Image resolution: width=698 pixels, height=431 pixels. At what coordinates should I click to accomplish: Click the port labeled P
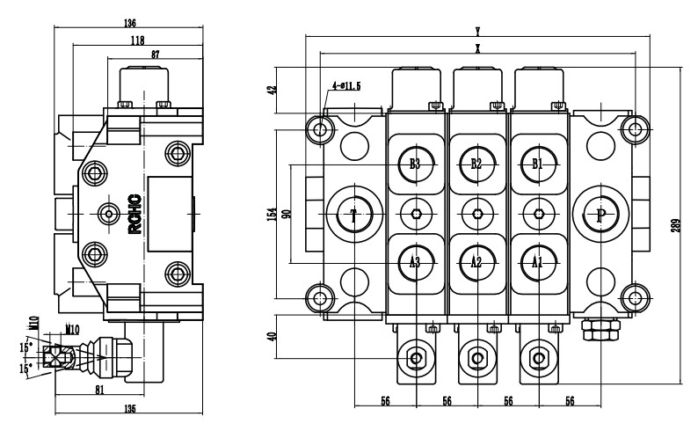click(601, 214)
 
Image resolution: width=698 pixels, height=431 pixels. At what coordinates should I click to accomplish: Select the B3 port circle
click(416, 164)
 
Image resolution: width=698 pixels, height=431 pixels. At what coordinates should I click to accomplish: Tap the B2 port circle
click(476, 164)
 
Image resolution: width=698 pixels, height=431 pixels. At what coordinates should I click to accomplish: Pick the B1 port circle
click(537, 164)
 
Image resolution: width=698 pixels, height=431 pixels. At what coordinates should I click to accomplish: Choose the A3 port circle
click(416, 261)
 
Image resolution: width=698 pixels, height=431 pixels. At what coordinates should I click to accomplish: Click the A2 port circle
click(476, 261)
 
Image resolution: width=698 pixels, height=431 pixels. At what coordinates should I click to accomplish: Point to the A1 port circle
click(537, 261)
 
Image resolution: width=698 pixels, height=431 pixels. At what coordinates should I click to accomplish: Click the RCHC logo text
click(133, 215)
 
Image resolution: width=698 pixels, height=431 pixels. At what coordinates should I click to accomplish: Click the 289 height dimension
click(673, 224)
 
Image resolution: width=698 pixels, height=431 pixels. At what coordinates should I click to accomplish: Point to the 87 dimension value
click(156, 55)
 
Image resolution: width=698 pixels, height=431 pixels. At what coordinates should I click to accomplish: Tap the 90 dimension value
click(287, 214)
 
